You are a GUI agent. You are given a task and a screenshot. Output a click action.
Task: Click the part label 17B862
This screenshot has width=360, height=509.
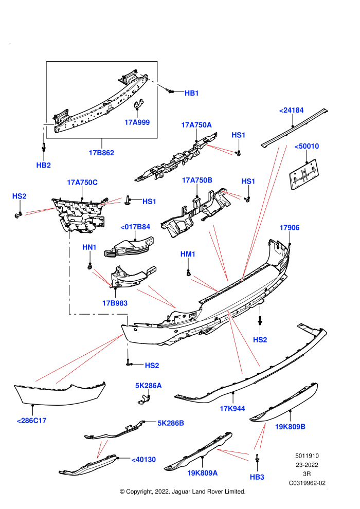(x=101, y=153)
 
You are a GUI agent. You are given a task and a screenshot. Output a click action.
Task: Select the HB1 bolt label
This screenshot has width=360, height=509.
(x=191, y=93)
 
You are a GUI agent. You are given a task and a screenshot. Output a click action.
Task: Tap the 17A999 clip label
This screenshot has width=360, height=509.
(x=137, y=122)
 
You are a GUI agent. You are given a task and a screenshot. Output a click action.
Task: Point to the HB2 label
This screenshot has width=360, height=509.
(x=44, y=165)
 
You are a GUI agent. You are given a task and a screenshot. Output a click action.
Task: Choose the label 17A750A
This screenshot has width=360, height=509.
(x=196, y=125)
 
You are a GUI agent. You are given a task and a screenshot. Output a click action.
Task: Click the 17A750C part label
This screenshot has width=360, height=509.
(x=82, y=183)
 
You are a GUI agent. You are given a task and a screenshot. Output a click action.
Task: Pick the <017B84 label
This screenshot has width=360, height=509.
(x=135, y=227)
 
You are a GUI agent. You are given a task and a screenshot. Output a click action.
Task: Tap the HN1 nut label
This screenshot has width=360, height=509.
(x=89, y=247)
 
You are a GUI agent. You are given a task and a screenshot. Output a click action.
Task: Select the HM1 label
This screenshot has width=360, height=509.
(x=188, y=254)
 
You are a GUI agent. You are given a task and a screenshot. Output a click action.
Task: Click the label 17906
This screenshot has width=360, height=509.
(x=290, y=228)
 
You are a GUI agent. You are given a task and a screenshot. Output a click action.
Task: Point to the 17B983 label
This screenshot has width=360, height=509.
(x=115, y=303)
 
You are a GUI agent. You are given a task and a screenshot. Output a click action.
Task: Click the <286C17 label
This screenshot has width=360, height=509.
(x=31, y=421)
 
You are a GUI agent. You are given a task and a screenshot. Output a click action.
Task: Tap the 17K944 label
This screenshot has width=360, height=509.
(x=232, y=409)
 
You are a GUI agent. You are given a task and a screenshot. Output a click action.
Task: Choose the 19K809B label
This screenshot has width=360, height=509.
(x=290, y=427)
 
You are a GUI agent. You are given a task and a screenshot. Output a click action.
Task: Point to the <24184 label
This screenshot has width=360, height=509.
(x=291, y=111)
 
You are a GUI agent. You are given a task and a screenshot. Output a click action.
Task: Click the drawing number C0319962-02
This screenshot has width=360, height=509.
(x=307, y=483)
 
